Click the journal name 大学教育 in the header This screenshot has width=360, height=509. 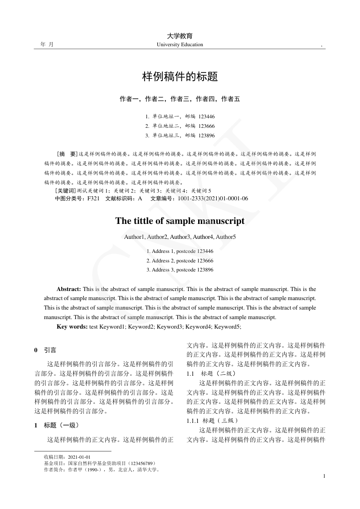[x=180, y=36]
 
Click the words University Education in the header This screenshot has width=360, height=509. [x=180, y=44]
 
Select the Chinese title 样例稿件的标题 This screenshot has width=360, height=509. [x=180, y=77]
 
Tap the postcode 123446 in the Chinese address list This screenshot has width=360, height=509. [x=207, y=116]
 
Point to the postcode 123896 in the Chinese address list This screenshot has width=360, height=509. [x=207, y=135]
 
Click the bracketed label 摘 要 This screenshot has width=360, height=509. [x=66, y=154]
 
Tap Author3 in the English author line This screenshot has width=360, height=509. [x=180, y=237]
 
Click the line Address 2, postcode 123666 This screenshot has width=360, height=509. [x=180, y=261]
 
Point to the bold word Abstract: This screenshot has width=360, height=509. [x=69, y=289]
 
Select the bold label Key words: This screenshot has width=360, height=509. [x=72, y=326]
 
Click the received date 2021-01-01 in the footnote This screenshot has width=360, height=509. [x=79, y=457]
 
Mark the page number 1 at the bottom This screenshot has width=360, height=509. [x=325, y=476]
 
